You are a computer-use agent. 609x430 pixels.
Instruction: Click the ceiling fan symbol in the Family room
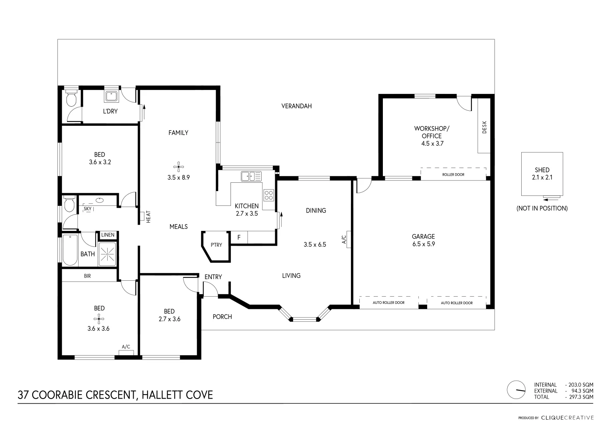(179, 166)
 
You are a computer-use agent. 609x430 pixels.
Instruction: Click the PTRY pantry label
(217, 245)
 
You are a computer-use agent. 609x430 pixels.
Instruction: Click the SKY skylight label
(88, 209)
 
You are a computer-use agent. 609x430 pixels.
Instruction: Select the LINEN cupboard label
(108, 235)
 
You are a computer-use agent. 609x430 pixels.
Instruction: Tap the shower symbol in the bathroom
(107, 253)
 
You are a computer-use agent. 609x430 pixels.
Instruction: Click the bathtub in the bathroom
(70, 250)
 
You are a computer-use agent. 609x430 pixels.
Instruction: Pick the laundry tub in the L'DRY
(110, 96)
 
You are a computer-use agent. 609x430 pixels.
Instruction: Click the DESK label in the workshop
(485, 127)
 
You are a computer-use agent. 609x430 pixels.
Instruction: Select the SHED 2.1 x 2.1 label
(542, 174)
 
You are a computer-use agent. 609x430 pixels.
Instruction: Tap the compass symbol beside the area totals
(516, 390)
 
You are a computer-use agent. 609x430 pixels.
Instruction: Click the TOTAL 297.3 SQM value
(579, 397)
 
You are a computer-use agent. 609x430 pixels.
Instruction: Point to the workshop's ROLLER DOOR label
(453, 174)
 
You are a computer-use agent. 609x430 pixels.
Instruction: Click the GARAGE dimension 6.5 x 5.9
(423, 244)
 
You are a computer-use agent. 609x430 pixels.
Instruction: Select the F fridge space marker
(239, 238)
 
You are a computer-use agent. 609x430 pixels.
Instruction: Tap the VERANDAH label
(296, 106)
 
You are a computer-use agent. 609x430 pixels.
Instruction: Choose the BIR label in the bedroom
(87, 276)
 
